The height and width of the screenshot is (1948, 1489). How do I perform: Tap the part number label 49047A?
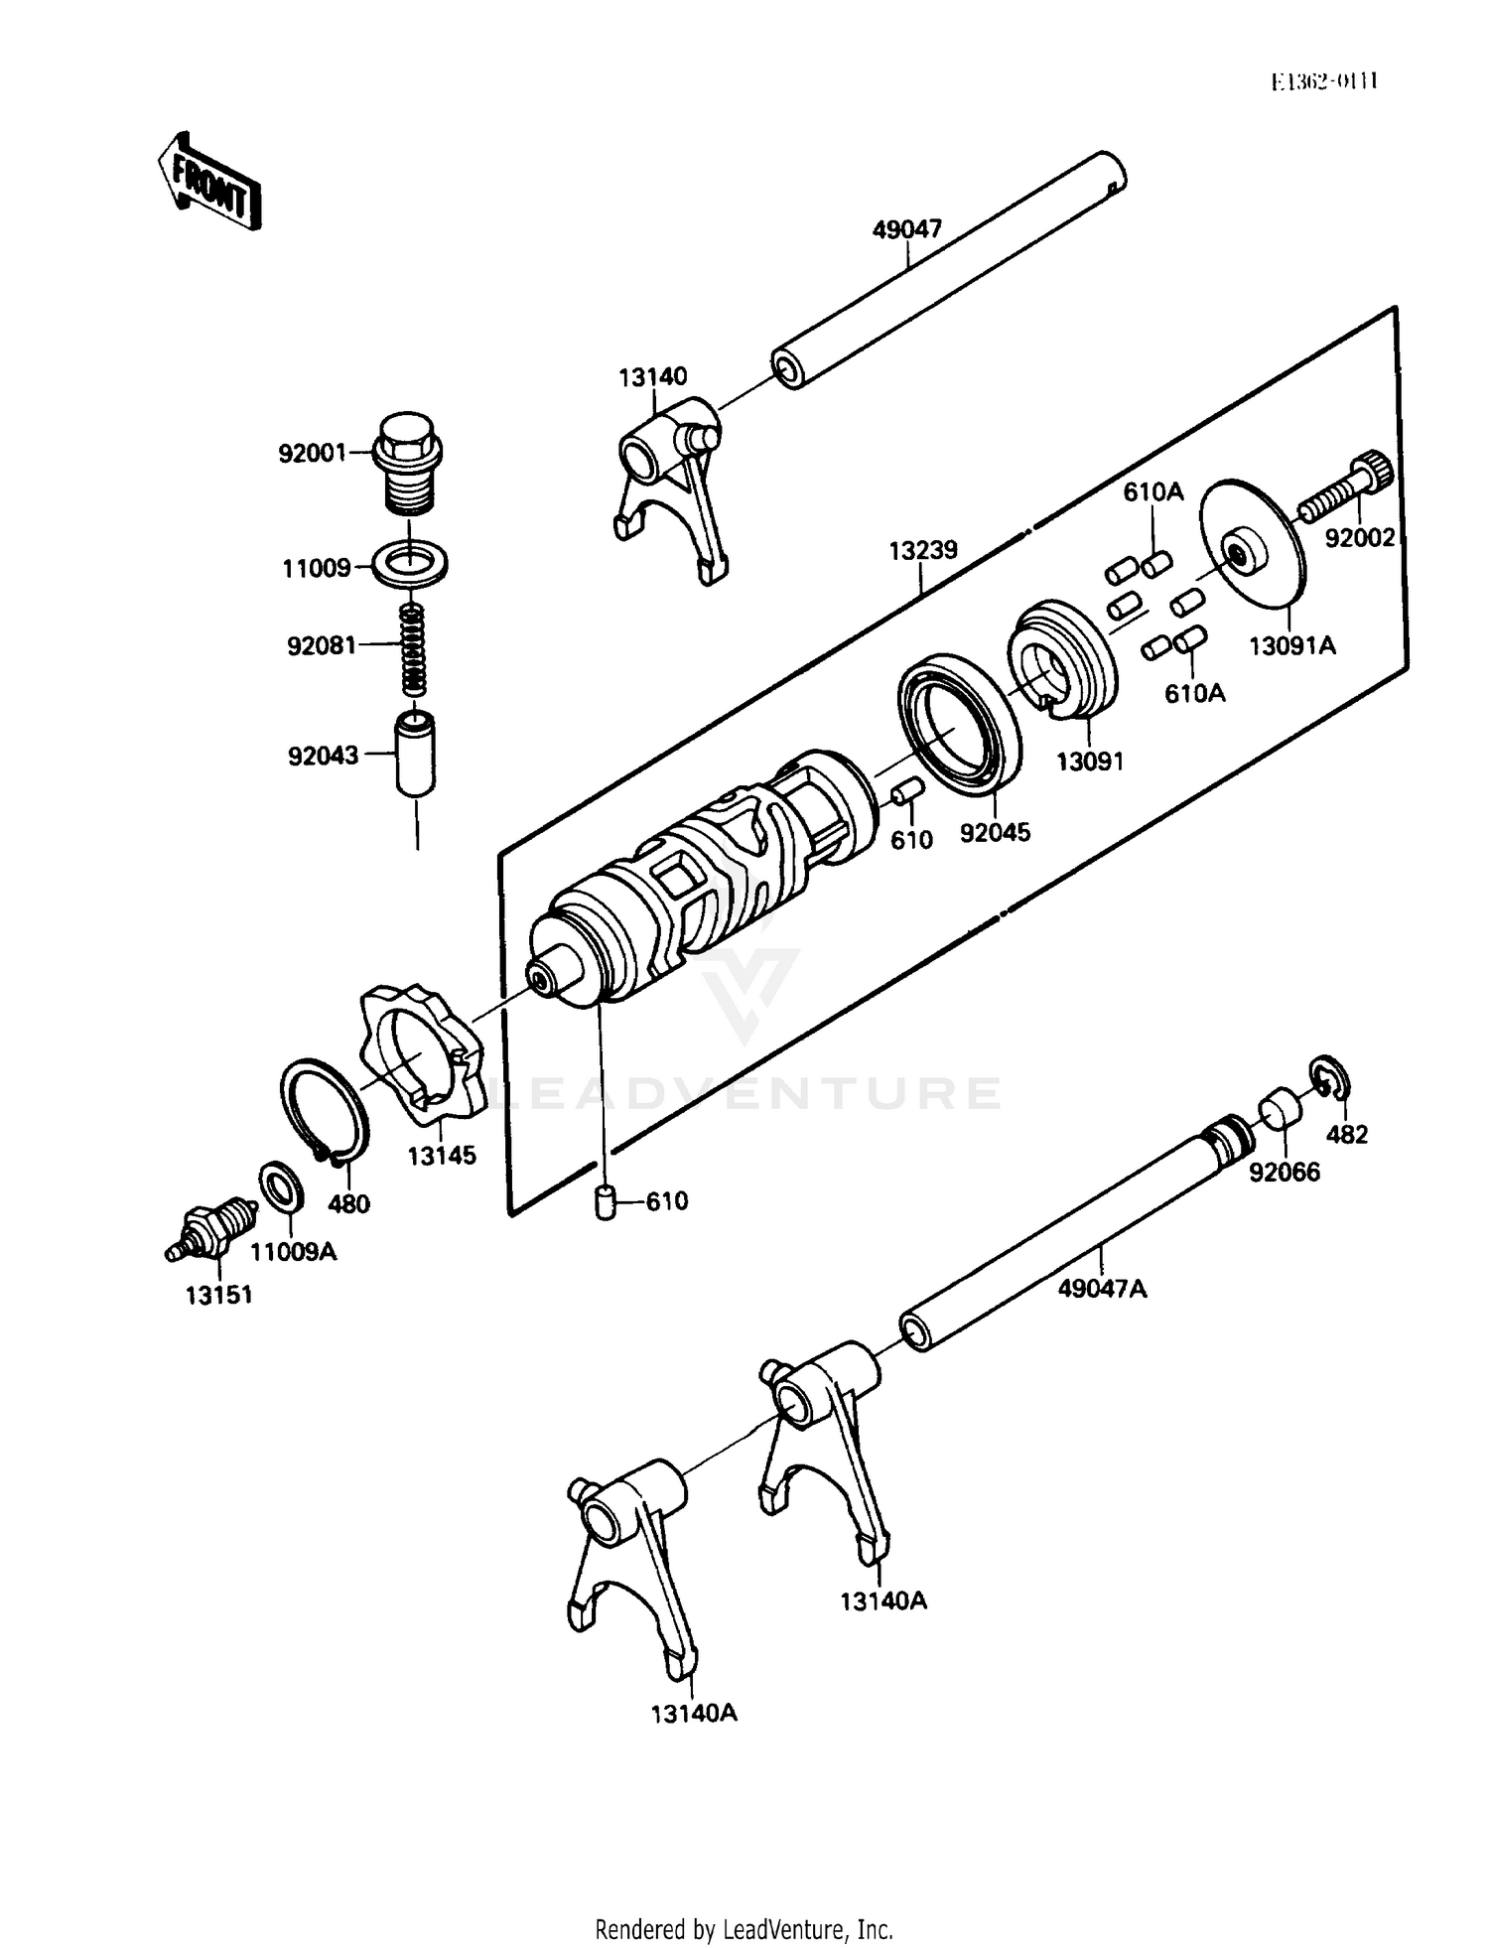1102,1289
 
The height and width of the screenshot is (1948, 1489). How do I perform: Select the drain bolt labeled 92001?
409,463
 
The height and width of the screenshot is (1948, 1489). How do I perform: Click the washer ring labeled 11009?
409,564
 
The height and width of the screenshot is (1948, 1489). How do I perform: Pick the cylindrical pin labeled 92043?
416,752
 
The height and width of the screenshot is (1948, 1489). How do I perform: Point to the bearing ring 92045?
960,723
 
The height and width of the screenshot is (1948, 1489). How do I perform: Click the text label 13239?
922,550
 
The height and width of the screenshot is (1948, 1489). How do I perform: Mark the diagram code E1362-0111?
1323,81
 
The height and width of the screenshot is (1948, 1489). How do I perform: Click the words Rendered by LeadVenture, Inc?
744,1929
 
